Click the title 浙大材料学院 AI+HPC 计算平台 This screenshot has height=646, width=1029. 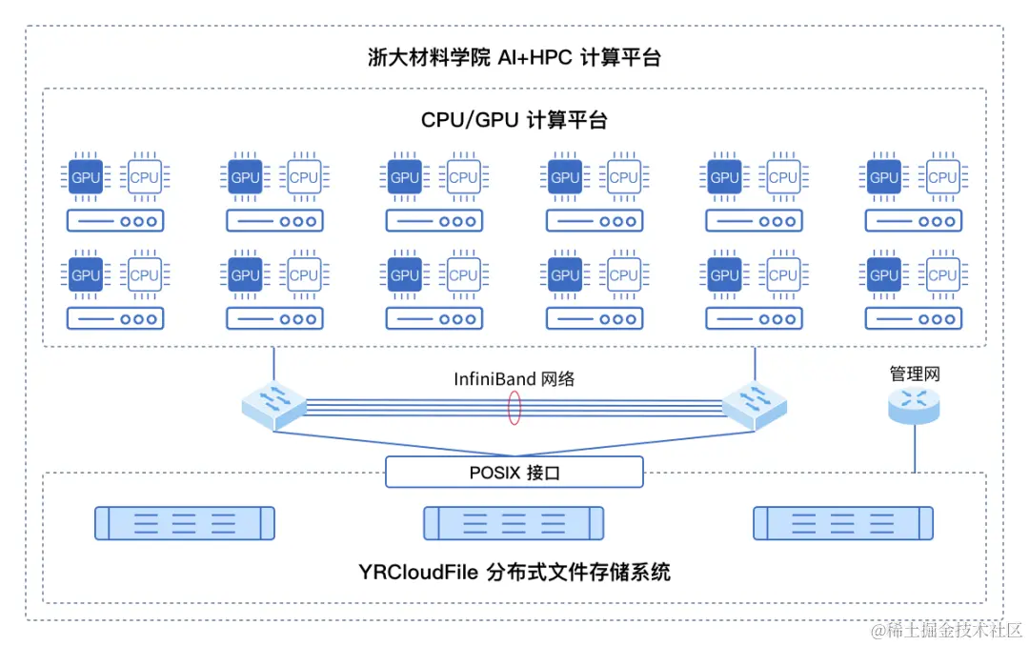point(514,58)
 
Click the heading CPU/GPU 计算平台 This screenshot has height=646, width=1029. point(514,120)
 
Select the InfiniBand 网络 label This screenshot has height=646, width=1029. point(514,378)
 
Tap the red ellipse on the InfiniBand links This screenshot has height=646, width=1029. point(514,407)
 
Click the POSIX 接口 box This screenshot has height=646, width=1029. point(514,472)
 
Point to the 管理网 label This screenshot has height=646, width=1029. point(915,374)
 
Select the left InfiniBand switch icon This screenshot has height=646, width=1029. point(274,404)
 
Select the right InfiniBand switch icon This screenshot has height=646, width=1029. point(755,404)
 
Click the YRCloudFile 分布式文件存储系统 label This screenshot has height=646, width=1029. point(514,573)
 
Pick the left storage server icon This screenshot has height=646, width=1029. point(185,523)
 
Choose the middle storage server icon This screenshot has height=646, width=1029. point(514,523)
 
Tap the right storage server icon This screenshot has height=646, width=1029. point(842,523)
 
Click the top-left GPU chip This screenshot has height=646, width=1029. point(86,177)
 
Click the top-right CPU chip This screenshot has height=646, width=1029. point(942,177)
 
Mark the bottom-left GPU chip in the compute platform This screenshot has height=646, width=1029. point(86,275)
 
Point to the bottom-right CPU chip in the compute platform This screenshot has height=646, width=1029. point(942,275)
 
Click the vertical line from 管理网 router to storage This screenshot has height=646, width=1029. point(915,448)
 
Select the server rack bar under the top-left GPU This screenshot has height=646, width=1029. point(115,221)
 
